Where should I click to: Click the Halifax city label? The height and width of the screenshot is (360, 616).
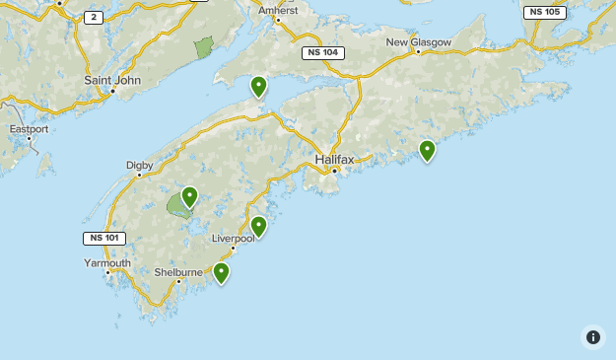[335, 159]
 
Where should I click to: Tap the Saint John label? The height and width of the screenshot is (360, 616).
[112, 80]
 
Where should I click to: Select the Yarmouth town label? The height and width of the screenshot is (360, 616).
[106, 263]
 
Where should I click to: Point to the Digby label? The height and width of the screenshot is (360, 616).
[139, 165]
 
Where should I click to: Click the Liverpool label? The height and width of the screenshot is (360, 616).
[234, 239]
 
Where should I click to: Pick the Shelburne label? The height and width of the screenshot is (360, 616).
[178, 272]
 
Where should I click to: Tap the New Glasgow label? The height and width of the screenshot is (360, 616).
[418, 42]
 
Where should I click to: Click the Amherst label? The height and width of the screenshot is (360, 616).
[278, 10]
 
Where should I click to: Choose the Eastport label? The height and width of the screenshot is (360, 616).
[29, 128]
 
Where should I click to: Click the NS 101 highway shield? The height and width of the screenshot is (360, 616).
[104, 238]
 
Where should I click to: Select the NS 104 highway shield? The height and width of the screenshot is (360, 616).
[323, 52]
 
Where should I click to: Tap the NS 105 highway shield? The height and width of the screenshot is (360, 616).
[544, 12]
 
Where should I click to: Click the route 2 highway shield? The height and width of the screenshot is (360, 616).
[94, 17]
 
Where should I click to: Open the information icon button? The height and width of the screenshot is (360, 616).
[593, 336]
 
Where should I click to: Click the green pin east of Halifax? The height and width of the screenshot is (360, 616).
[427, 151]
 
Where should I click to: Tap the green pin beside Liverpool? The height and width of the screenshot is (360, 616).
[258, 227]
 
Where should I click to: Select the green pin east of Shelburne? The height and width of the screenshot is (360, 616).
[222, 272]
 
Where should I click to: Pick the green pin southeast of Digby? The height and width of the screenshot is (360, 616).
[189, 197]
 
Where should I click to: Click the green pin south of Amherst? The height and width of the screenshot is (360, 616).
[258, 87]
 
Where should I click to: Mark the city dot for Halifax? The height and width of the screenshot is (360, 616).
[335, 171]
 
